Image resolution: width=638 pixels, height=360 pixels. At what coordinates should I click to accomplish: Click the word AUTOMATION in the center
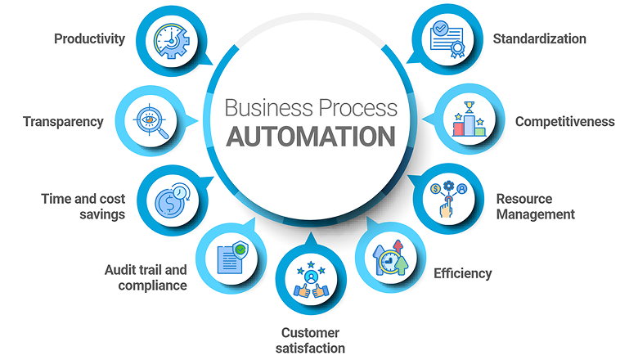(x=311, y=137)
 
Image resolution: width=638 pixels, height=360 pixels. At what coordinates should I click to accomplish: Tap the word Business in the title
(x=269, y=108)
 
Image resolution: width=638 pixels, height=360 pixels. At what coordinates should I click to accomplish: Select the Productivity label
(x=89, y=38)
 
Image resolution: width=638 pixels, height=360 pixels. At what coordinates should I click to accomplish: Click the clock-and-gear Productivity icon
(x=171, y=41)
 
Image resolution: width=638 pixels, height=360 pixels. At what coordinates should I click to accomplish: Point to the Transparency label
(x=63, y=122)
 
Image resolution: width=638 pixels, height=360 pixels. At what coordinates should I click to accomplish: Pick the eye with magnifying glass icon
(x=151, y=121)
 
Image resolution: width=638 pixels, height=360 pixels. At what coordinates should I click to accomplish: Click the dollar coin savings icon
(x=171, y=200)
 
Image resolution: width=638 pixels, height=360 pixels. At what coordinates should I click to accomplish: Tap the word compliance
(x=153, y=286)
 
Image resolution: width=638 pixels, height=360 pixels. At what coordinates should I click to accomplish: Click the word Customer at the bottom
(x=310, y=333)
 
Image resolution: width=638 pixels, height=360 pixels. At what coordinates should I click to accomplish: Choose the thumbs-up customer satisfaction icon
(x=311, y=280)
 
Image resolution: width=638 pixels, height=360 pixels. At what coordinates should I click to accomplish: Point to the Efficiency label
(x=463, y=273)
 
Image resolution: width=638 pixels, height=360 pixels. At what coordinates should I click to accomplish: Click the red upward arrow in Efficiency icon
(x=398, y=246)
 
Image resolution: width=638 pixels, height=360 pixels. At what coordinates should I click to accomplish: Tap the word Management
(x=536, y=214)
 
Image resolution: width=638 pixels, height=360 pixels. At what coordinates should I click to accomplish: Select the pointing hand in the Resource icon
(x=447, y=207)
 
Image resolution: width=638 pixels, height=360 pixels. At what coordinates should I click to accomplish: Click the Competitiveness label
(x=564, y=122)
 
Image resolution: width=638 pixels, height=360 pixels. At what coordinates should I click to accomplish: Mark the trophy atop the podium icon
(x=470, y=106)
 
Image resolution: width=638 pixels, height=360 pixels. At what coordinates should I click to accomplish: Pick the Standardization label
(x=540, y=38)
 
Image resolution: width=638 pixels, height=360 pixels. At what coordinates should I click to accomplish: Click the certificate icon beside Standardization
(x=447, y=39)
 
